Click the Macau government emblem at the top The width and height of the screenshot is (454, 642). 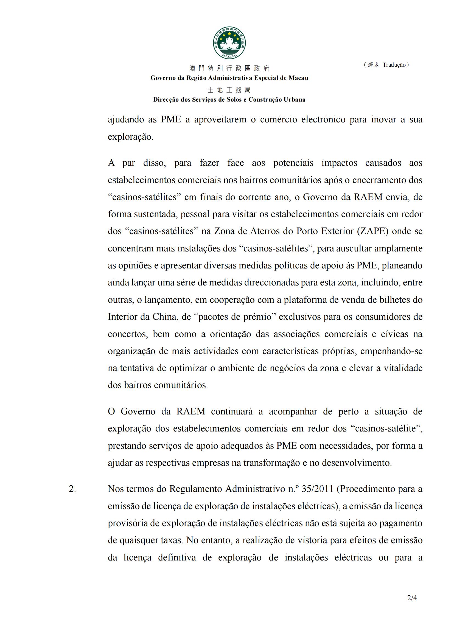[229, 43]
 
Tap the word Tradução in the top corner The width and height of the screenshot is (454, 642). [394, 65]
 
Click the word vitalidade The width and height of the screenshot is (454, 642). [403, 368]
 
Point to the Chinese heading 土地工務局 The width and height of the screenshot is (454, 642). [229, 90]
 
